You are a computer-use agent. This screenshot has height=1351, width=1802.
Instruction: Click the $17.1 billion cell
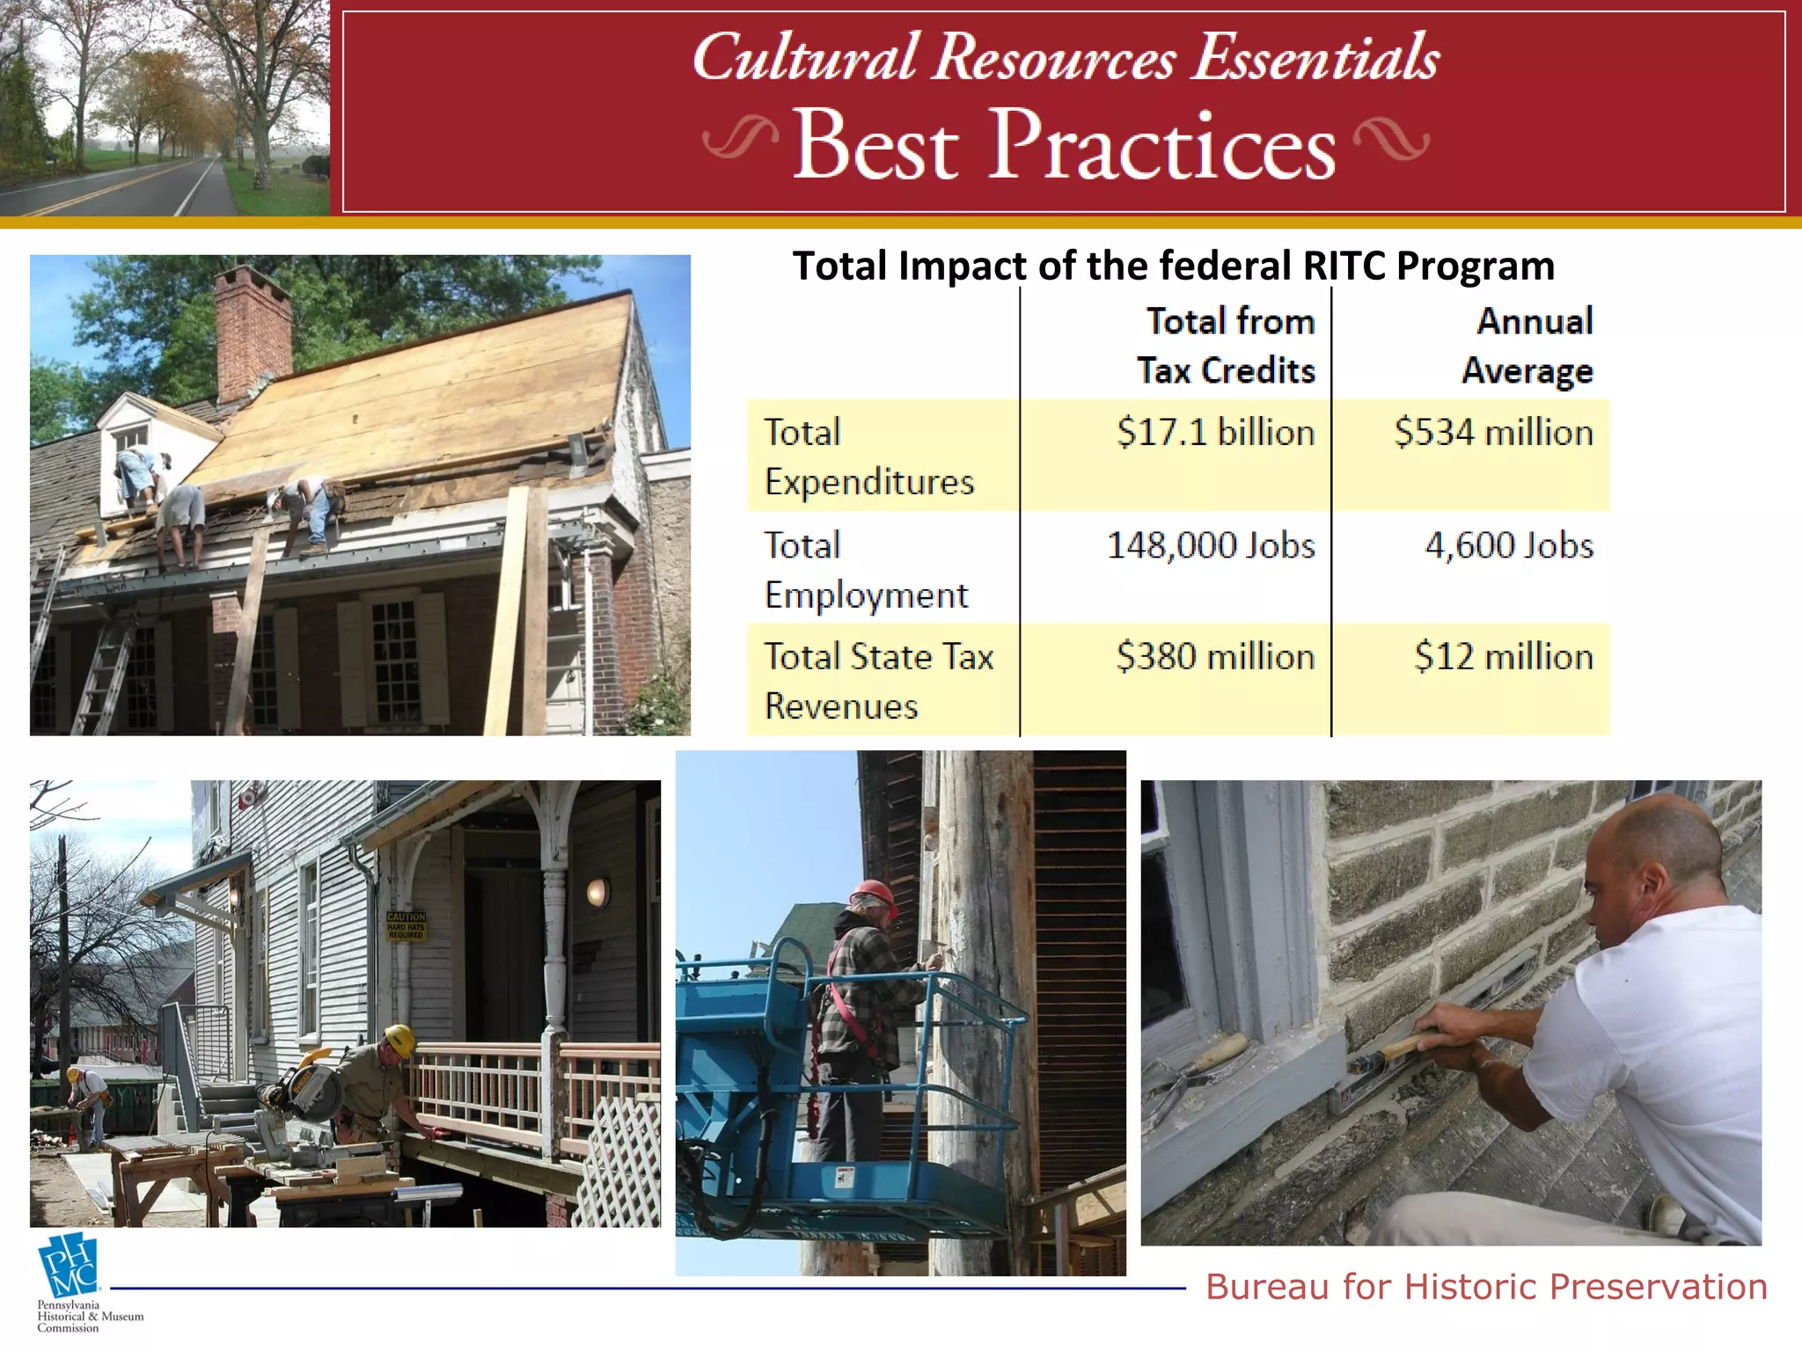[x=1215, y=433]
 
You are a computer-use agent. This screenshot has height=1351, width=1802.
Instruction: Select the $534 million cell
[x=1493, y=433]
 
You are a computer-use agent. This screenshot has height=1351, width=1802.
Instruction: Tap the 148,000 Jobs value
[x=1211, y=545]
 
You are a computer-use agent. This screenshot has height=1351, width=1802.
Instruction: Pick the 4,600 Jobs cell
[x=1509, y=545]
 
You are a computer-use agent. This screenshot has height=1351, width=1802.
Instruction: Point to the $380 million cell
[x=1215, y=657]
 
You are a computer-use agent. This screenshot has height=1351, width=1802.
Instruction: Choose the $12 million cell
[x=1504, y=657]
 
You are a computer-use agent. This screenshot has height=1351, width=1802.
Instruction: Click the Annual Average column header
[x=1528, y=346]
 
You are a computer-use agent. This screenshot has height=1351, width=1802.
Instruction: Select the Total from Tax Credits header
[x=1227, y=346]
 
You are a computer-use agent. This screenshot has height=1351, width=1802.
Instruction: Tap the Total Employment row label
[x=866, y=570]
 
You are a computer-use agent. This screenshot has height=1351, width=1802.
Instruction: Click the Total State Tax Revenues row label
[x=878, y=682]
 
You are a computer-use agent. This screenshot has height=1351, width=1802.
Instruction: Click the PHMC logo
[x=69, y=1267]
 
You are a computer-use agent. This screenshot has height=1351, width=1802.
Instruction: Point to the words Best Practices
[x=1065, y=145]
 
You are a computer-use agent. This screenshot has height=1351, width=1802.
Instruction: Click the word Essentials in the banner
[x=1315, y=58]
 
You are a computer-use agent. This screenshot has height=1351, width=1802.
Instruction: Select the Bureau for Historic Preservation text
[x=1486, y=1287]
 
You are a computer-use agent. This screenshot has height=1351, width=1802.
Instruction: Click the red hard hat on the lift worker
[x=873, y=895]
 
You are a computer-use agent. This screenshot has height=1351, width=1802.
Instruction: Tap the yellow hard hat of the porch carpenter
[x=400, y=1041]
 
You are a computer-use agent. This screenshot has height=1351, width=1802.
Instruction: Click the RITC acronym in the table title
[x=1344, y=266]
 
